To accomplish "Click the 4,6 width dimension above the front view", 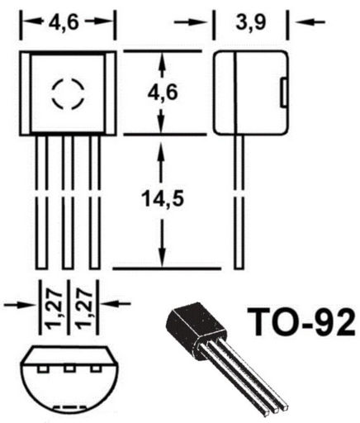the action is tap(64, 22).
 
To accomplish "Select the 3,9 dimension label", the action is tap(251, 22).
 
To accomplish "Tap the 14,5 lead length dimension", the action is tap(163, 198).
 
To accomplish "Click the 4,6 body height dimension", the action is tap(163, 93).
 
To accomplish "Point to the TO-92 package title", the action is tap(301, 322).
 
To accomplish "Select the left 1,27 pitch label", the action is tap(54, 308).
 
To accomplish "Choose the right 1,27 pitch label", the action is tap(83, 308).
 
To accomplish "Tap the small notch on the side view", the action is tap(283, 93).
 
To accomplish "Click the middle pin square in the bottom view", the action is tap(69, 368).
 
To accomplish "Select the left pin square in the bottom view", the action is tap(42, 368).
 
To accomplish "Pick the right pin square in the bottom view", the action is tap(96, 368).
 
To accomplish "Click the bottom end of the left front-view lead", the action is tap(41, 269).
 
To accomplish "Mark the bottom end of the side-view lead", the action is tap(239, 269).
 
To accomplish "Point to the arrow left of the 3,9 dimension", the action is tap(191, 22).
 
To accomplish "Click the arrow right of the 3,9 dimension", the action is tap(310, 21).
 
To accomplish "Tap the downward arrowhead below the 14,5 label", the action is tap(163, 258).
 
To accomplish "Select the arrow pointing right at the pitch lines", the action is tap(20, 305).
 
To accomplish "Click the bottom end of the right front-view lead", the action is tap(95, 269).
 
